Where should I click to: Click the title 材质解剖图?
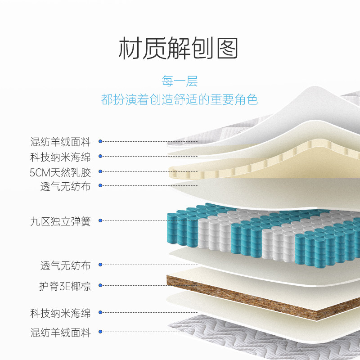(x=179, y=48)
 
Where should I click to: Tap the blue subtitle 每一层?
(x=180, y=81)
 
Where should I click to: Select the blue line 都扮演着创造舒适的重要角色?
(x=180, y=99)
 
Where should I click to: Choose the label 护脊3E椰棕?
(x=65, y=286)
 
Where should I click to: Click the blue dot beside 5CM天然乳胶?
(x=100, y=172)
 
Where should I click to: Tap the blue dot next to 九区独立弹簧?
(x=100, y=220)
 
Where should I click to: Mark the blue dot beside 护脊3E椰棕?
(x=100, y=285)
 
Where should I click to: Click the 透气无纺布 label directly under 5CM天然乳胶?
(x=65, y=186)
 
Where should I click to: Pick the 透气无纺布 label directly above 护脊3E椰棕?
(x=65, y=265)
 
